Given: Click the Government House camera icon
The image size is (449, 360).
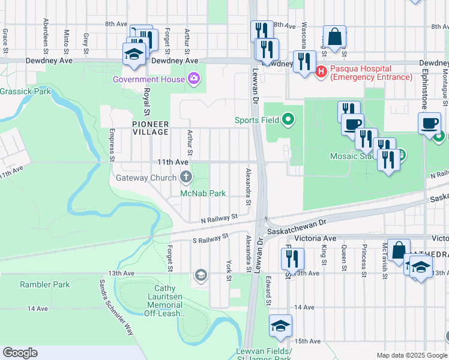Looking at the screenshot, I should pyautogui.click(x=194, y=79).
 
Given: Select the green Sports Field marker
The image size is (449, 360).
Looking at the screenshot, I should pyautogui.click(x=288, y=120).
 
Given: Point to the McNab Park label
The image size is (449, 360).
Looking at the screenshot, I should pyautogui.click(x=203, y=193).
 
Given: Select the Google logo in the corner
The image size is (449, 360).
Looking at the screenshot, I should pyautogui.click(x=20, y=353).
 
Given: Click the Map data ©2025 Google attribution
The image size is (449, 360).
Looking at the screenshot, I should pyautogui.click(x=411, y=355).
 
